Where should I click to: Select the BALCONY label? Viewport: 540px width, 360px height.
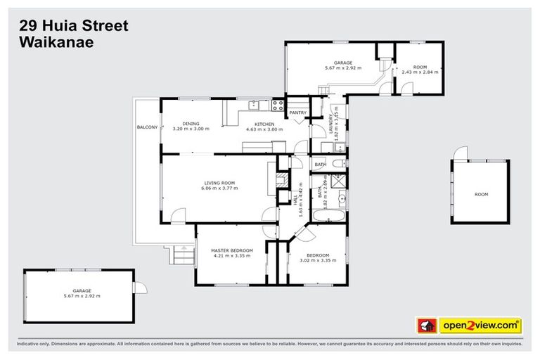tap(147, 127)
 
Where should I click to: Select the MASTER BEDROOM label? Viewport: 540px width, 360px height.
tap(231, 250)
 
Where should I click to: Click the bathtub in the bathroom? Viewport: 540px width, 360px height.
tap(328, 214)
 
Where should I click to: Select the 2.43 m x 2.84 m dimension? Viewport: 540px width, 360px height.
tap(420, 72)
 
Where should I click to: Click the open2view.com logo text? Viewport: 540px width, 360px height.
tap(480, 326)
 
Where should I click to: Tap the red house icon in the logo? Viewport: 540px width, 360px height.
tap(426, 326)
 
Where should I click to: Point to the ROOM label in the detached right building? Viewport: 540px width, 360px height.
tap(481, 194)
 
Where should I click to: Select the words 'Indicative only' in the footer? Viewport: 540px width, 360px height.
tap(34, 345)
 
